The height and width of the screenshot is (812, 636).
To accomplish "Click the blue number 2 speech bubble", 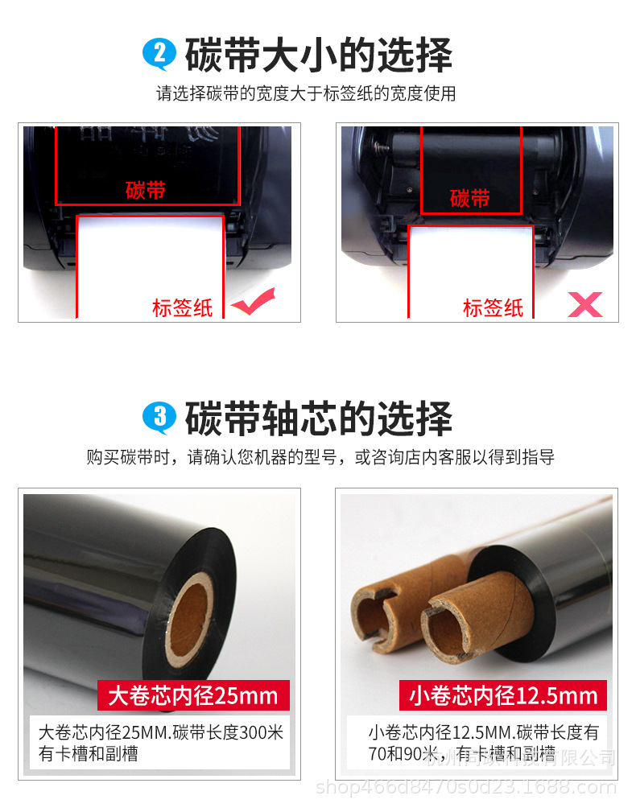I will click(x=159, y=54).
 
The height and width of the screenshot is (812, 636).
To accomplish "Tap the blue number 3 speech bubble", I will click(x=159, y=417).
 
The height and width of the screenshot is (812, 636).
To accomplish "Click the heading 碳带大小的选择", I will click(x=319, y=55).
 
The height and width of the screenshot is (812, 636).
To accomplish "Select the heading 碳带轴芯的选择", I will click(x=319, y=418).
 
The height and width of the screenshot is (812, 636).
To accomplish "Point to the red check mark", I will click(x=253, y=304).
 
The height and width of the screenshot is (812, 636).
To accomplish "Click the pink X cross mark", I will click(x=585, y=304).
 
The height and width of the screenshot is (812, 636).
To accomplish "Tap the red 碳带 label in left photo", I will click(x=146, y=191).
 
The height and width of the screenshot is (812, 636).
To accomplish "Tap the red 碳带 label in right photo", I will click(x=470, y=197).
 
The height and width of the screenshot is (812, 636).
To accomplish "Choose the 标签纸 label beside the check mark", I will click(x=183, y=307).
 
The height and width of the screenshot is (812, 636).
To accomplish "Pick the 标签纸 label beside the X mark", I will click(x=493, y=307).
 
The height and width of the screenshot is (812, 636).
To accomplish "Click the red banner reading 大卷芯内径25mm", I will click(x=192, y=695).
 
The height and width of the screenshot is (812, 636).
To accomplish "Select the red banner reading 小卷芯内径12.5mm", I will click(x=503, y=695).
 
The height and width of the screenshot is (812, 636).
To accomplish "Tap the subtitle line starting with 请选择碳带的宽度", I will click(x=306, y=93).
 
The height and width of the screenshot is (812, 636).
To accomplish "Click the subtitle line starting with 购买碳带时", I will click(x=320, y=458).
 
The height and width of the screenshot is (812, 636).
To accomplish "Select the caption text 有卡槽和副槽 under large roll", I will click(x=89, y=754).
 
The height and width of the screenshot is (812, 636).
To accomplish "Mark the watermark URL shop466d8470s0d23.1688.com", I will click(x=467, y=786).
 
